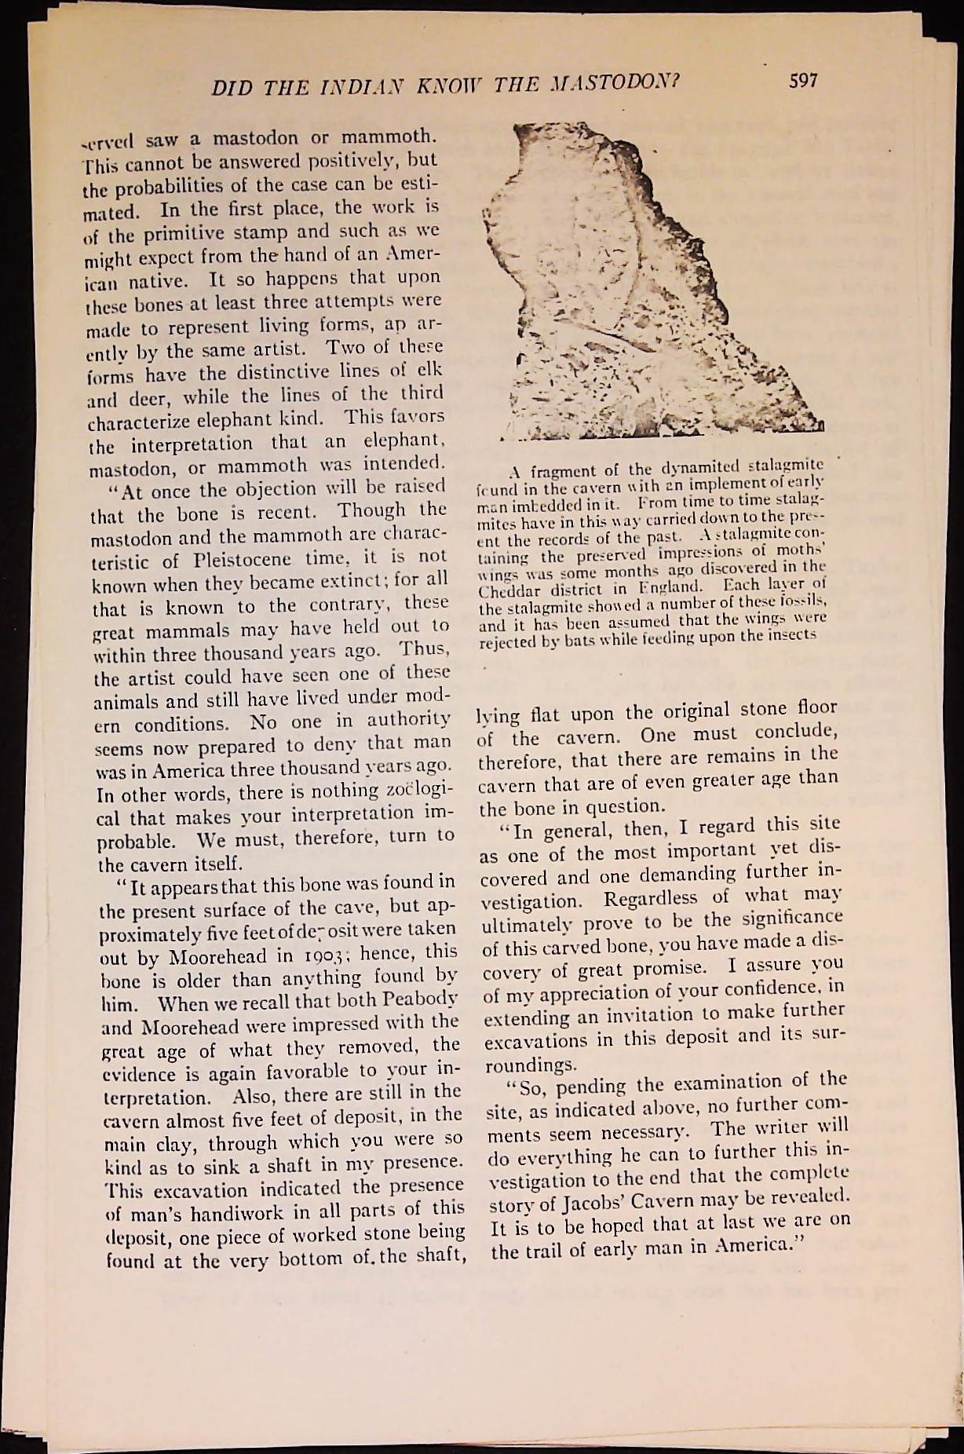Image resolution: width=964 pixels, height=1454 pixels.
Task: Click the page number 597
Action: point(801,80)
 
